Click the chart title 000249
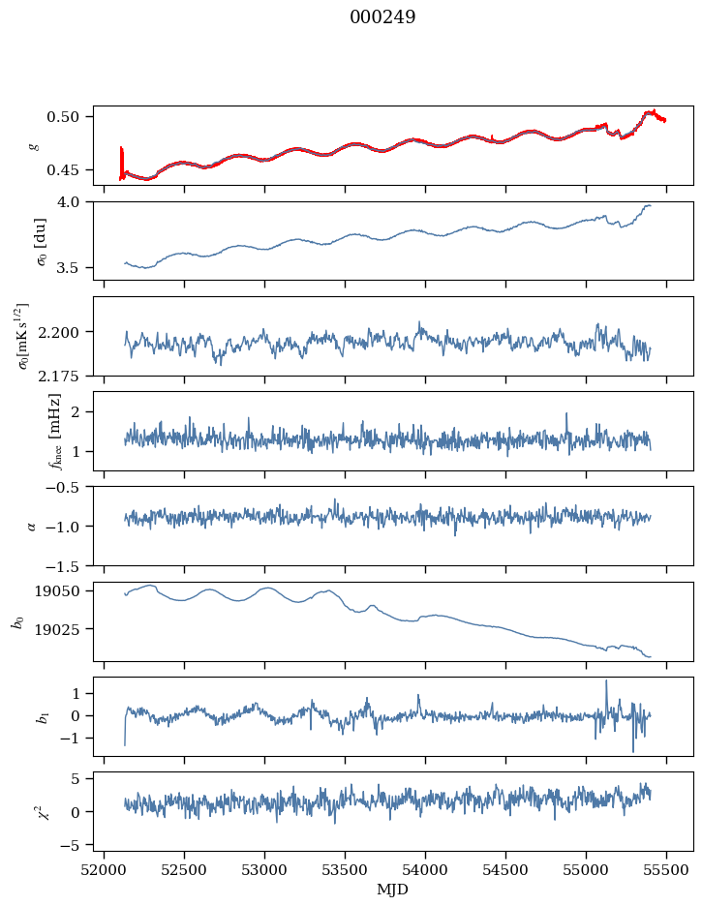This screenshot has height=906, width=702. point(382,17)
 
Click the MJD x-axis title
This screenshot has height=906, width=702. point(392,889)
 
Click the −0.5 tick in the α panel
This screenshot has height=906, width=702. point(68,487)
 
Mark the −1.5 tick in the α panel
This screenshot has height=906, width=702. point(68,565)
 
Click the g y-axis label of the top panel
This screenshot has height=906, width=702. point(35,145)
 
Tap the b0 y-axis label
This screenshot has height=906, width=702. point(16,620)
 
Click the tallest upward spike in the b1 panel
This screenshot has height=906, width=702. point(606,680)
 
